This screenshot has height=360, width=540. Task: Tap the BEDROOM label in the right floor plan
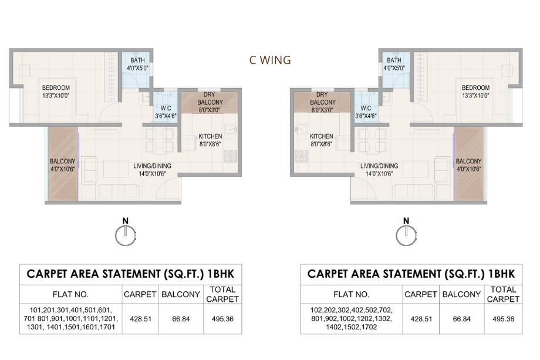pyautogui.click(x=475, y=88)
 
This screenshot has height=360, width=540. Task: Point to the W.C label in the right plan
pyautogui.click(x=366, y=108)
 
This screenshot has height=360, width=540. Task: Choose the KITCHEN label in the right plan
pyautogui.click(x=321, y=136)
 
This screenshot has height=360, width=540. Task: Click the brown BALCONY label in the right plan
pyautogui.click(x=468, y=161)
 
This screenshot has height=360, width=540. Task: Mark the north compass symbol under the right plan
pyautogui.click(x=405, y=233)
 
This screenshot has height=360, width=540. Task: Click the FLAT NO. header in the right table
pyautogui.click(x=351, y=294)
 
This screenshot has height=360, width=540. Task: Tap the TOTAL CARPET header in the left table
pyautogui.click(x=222, y=294)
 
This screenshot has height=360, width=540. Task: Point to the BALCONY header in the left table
pyautogui.click(x=181, y=294)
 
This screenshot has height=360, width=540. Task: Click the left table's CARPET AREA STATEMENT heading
pyautogui.click(x=130, y=273)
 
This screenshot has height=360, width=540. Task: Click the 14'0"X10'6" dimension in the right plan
pyautogui.click(x=379, y=173)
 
